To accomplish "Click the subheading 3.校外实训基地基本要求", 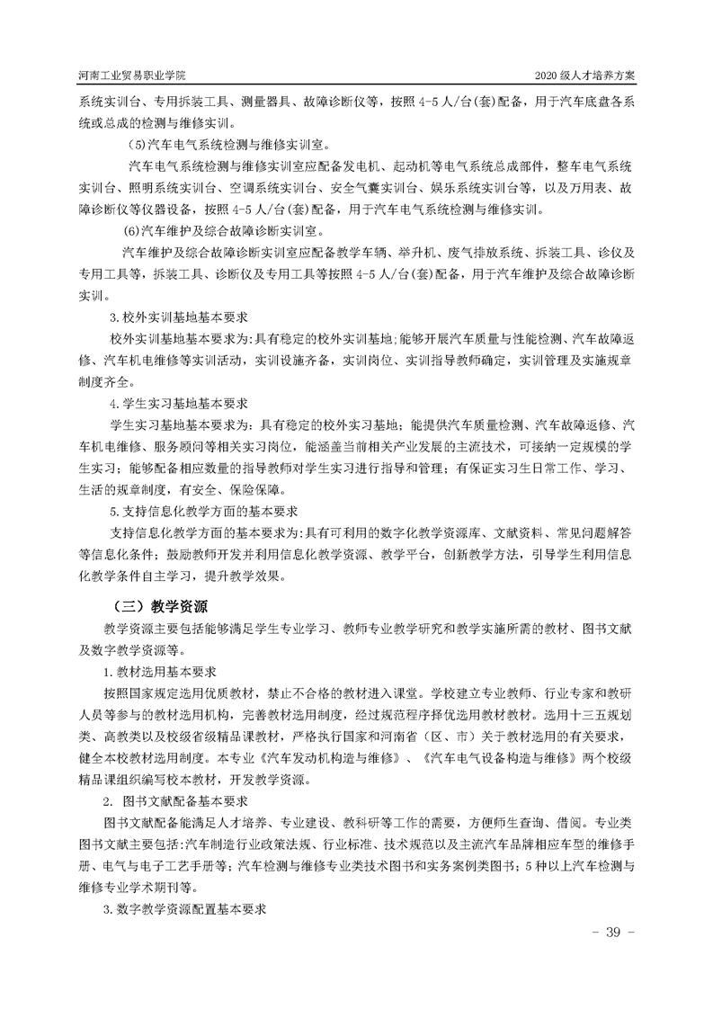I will coord(178,318).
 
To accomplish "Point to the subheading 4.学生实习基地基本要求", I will coord(178,402).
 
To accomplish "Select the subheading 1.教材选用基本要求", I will coord(165,671).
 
